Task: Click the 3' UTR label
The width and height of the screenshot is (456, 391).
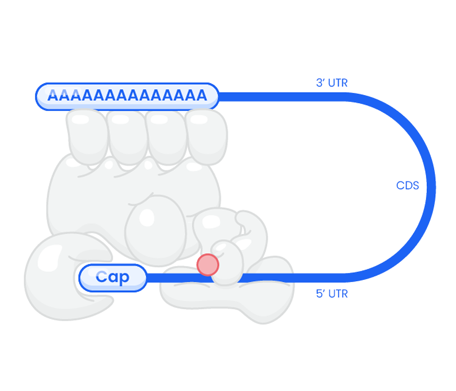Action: click(x=332, y=83)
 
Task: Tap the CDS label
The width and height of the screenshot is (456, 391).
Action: click(x=407, y=186)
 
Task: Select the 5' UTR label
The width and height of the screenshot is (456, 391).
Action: click(x=332, y=294)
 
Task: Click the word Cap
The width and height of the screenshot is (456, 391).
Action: click(x=112, y=278)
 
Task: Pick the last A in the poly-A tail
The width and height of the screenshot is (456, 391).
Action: click(x=201, y=95)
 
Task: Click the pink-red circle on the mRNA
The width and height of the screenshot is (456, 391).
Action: click(x=208, y=265)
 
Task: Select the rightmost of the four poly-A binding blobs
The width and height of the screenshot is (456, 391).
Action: click(x=207, y=135)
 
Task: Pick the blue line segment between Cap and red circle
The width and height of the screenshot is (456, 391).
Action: click(x=171, y=278)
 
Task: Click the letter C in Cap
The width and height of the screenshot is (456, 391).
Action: click(x=101, y=278)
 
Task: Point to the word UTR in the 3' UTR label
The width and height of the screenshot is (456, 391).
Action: click(x=338, y=83)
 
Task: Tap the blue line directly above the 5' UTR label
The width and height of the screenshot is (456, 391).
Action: click(x=332, y=278)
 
